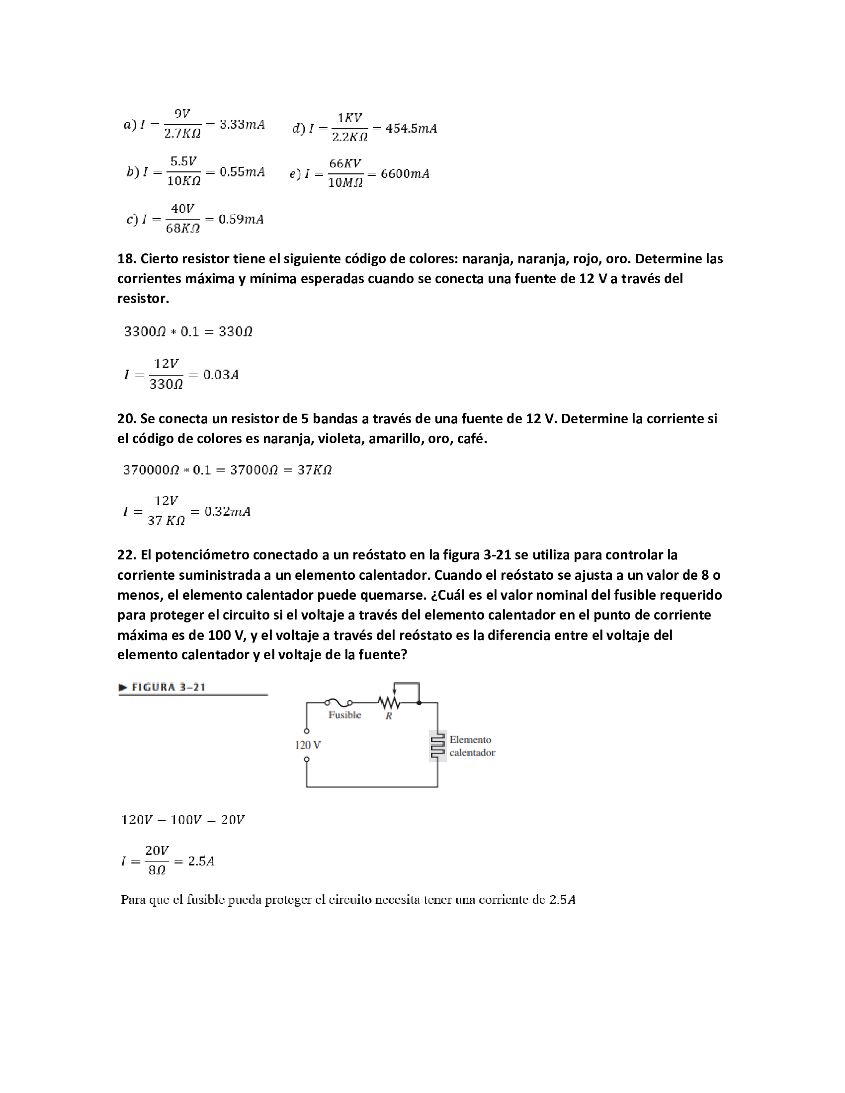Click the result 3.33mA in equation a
tap(242, 124)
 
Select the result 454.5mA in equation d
tap(411, 129)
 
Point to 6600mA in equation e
tap(405, 174)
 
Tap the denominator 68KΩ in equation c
tap(183, 229)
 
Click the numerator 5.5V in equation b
tap(183, 161)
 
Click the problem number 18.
tap(126, 259)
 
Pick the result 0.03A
tap(221, 375)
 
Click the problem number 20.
tap(126, 419)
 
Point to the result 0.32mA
tap(227, 511)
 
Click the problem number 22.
tap(126, 555)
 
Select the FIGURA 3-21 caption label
tap(168, 687)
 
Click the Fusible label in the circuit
tap(344, 715)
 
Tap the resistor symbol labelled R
tap(390, 703)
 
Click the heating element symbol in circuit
tap(437, 746)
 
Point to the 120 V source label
tap(307, 745)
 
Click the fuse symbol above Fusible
tap(338, 703)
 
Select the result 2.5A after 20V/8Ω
tap(201, 861)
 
